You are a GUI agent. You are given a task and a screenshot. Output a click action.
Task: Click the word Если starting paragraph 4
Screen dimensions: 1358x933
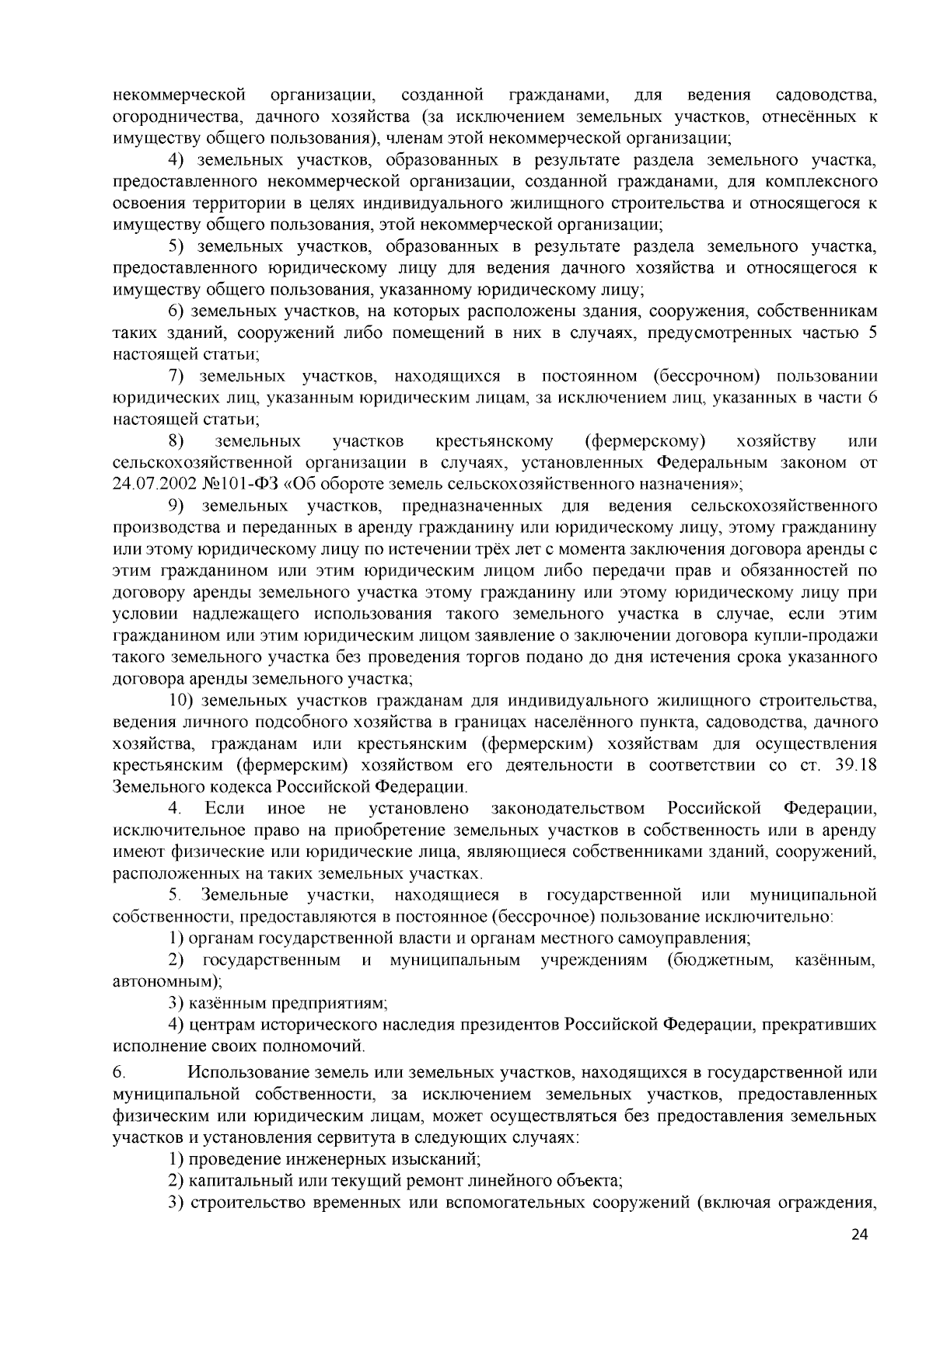[225, 808]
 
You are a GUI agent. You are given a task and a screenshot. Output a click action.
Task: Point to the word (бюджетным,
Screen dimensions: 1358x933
[720, 960]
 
